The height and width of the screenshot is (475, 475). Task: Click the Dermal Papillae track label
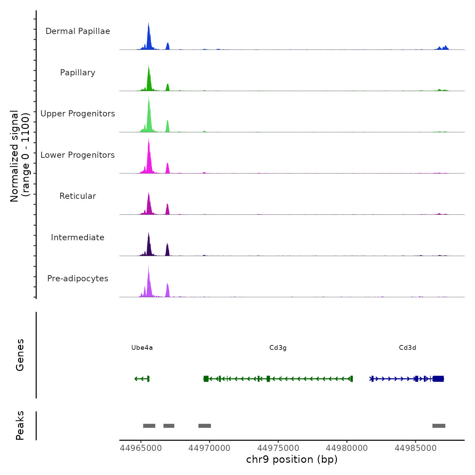coord(78,31)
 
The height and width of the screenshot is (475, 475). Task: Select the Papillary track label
coord(78,73)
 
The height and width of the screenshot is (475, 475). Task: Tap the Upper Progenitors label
coord(78,114)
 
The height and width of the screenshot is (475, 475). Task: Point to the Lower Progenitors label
coord(78,155)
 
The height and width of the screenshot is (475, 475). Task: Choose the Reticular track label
coord(78,196)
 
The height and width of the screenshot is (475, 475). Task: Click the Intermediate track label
coord(78,237)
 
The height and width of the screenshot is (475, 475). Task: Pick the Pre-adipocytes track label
coord(78,279)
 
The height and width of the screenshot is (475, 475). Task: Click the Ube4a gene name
coord(142,348)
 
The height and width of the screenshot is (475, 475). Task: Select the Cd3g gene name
coord(278,348)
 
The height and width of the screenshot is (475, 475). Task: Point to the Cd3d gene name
coord(407,348)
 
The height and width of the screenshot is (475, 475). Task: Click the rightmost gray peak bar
coord(439,426)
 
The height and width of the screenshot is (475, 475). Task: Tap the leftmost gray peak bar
coord(149,426)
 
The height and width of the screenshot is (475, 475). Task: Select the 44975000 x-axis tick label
coord(278,448)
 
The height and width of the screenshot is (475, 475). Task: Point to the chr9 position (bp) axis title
coord(292,460)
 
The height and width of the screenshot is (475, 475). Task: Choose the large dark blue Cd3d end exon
coord(438,379)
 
